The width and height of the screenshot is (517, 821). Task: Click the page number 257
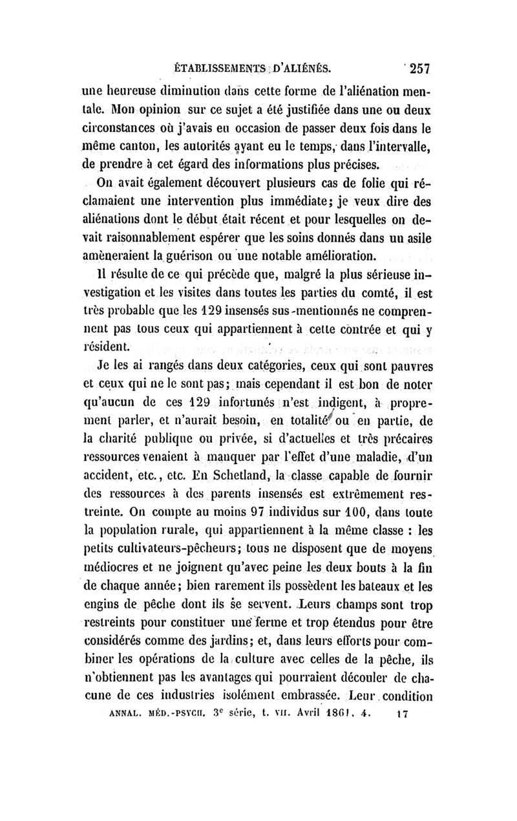[410, 67]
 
